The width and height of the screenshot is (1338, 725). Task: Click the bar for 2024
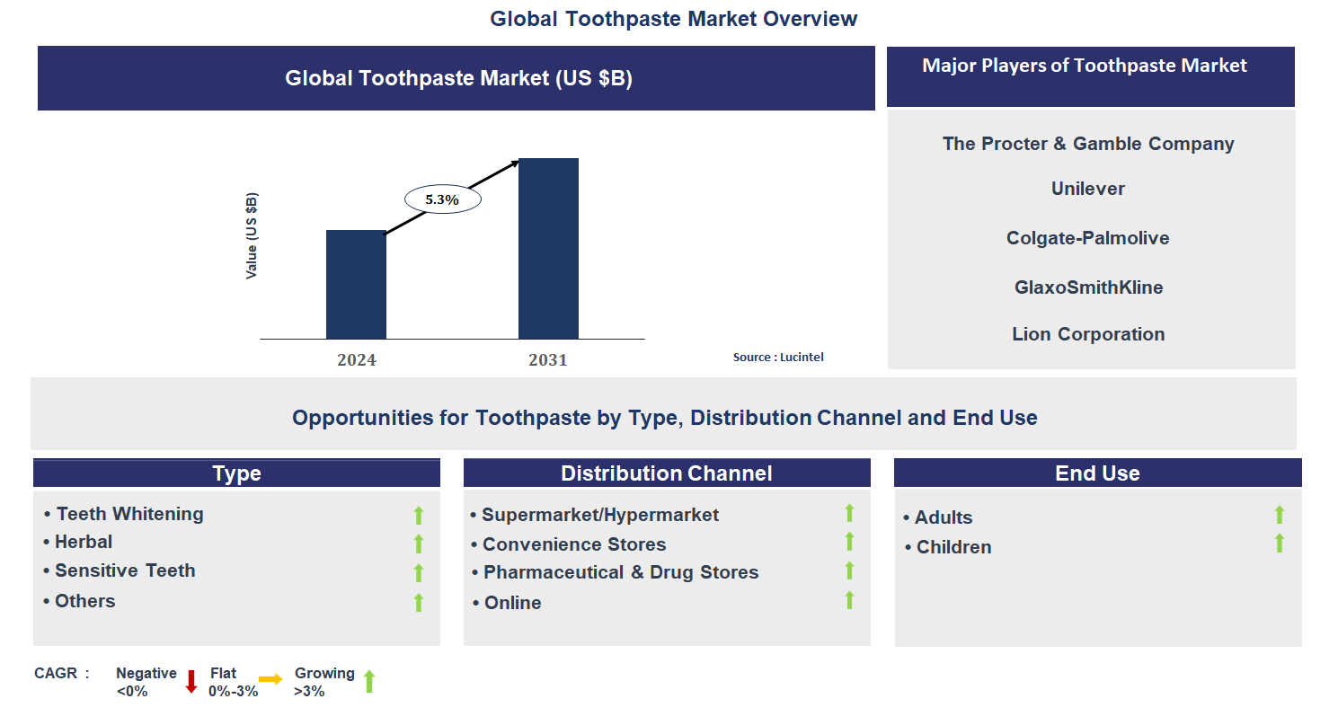pos(356,284)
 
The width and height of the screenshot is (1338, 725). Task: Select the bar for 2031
pos(548,248)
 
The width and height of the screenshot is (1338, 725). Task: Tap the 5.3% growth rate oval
pos(442,199)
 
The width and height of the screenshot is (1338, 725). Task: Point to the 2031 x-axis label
pos(548,360)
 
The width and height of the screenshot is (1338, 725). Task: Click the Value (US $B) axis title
pos(252,235)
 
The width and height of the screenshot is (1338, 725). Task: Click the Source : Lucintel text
pos(778,357)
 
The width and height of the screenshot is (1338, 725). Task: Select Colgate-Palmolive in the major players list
pos(1087,238)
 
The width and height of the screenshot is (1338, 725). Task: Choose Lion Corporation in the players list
pos(1087,334)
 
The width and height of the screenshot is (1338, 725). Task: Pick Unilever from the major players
pos(1087,189)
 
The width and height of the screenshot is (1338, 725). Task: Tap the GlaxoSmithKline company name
pos(1087,287)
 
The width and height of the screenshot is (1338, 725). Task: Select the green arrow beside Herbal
pos(418,544)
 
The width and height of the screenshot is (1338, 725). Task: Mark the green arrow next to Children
pos(1280,544)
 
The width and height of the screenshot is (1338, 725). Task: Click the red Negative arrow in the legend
pos(191,681)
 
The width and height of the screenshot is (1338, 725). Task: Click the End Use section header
pos(1097,473)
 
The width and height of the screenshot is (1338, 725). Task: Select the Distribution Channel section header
pos(666,473)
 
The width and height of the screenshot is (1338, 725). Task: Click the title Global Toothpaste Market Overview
pos(673,19)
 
